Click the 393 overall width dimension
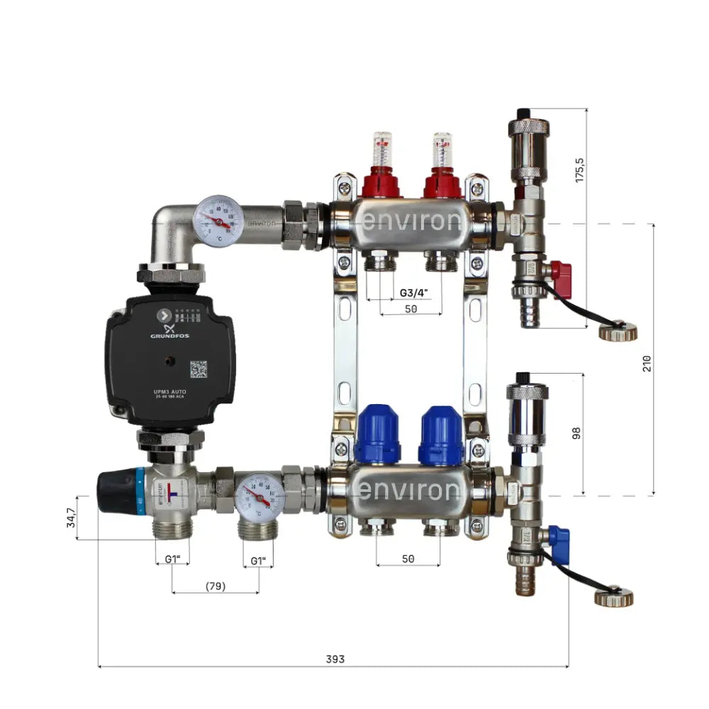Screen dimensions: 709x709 [x=335, y=659]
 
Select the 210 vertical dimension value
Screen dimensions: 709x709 [x=647, y=363]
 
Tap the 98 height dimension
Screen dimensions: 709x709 [x=576, y=432]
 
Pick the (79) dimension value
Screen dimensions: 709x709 [x=215, y=586]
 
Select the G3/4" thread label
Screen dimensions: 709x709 [x=414, y=292]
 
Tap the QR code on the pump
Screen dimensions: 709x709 [x=199, y=369]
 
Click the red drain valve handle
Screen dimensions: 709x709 [x=561, y=270]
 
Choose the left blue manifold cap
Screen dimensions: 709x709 [x=377, y=435]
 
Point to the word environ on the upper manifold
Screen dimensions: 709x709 [x=411, y=222]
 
